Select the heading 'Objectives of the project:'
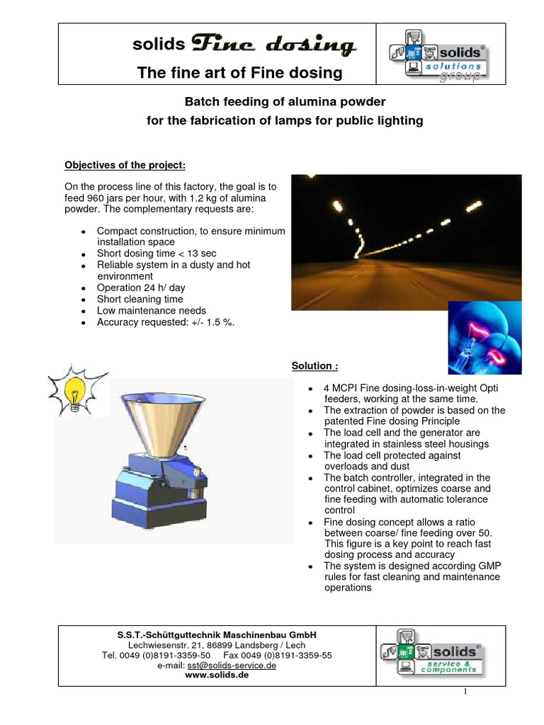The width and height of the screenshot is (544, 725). click(x=125, y=165)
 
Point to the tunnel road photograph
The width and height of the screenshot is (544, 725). click(x=406, y=242)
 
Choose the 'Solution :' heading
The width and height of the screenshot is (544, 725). click(x=314, y=366)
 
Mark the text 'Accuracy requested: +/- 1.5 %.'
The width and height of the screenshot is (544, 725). click(x=165, y=322)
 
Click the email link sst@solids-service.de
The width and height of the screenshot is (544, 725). click(x=231, y=666)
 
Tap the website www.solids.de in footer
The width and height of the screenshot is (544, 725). click(x=216, y=675)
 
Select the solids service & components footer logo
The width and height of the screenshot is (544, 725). click(x=432, y=656)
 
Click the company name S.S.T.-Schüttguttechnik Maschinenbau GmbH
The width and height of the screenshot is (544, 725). click(x=217, y=635)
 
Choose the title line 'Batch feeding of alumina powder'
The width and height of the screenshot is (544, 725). click(x=285, y=102)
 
